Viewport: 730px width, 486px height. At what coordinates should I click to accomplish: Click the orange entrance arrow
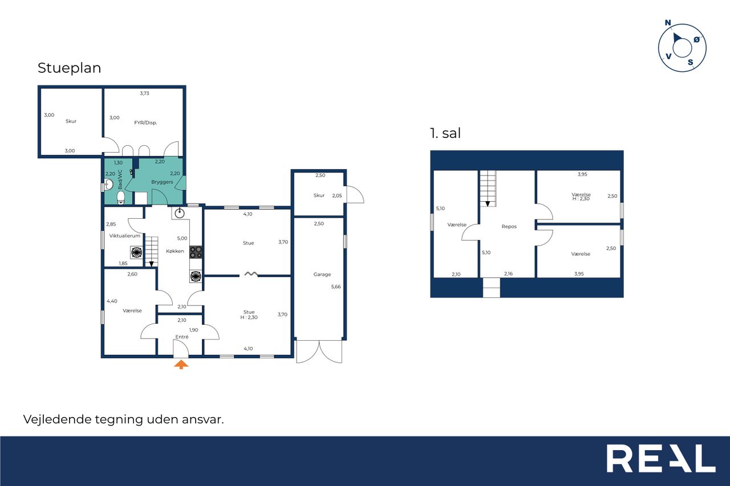tap(181, 364)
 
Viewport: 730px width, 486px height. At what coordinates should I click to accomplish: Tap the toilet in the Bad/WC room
tap(121, 198)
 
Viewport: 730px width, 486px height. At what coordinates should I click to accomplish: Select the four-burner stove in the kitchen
tap(196, 252)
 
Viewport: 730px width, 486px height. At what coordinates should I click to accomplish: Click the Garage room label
tap(322, 275)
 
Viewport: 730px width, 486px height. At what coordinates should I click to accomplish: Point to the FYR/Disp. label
tap(145, 122)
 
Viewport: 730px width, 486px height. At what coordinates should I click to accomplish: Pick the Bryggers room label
tap(162, 182)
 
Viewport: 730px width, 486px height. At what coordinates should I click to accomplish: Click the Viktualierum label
tap(124, 236)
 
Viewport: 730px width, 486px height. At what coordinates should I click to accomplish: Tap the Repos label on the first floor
tap(509, 227)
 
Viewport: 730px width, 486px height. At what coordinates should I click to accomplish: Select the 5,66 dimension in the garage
tap(336, 287)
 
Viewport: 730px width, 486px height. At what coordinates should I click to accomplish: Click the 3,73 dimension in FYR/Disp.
tap(144, 93)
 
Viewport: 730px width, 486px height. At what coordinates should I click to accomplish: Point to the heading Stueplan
tap(69, 68)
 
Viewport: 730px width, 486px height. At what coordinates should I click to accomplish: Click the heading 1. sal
tap(445, 133)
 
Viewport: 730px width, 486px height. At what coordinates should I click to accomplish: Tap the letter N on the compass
tap(668, 23)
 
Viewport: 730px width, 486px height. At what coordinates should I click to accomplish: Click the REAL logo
tap(661, 458)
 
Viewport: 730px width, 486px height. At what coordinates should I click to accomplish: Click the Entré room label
tap(182, 337)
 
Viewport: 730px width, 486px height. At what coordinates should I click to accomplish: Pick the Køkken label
tap(175, 251)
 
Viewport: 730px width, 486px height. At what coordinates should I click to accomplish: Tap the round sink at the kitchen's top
tap(180, 214)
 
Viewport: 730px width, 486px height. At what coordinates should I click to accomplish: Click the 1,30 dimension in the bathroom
tap(118, 163)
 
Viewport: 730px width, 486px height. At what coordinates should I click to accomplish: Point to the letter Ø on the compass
tap(696, 40)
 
